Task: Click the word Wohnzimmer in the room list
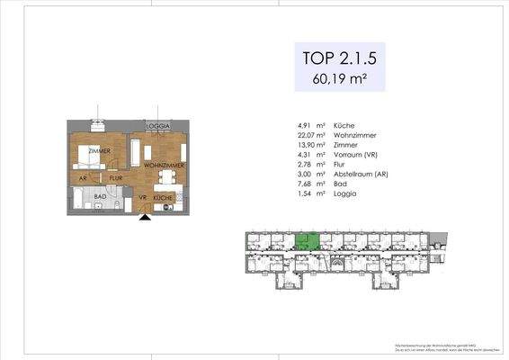click(353, 135)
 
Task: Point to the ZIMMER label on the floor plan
click(98, 151)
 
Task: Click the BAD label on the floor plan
click(102, 196)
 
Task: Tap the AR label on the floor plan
click(83, 178)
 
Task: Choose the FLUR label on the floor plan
click(103, 178)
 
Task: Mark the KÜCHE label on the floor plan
click(163, 196)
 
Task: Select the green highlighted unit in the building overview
click(308, 240)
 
